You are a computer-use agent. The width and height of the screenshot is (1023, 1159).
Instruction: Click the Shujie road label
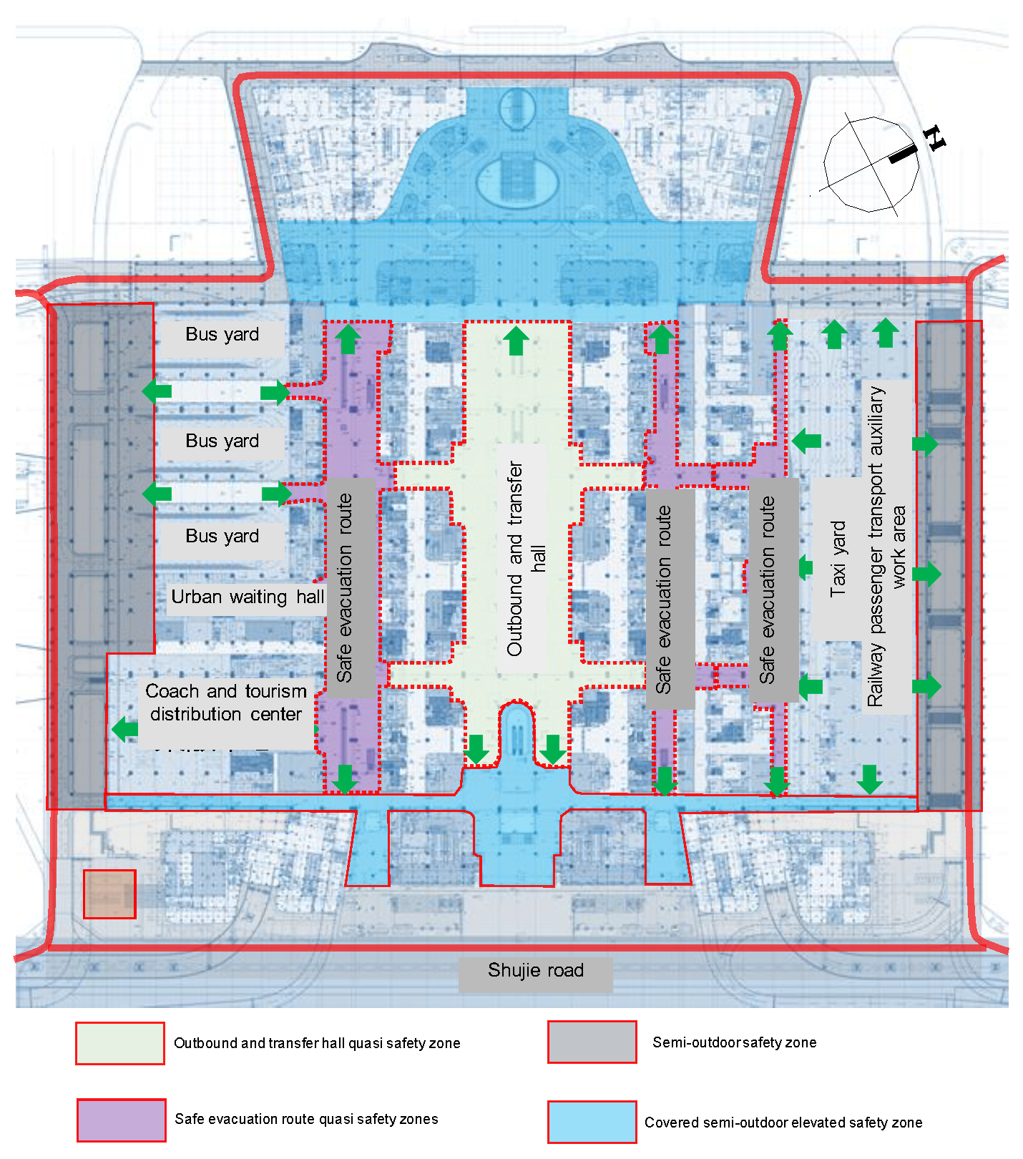[535, 971]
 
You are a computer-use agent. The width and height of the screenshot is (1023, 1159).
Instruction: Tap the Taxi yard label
[838, 559]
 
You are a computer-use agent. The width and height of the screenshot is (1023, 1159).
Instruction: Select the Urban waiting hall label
[248, 597]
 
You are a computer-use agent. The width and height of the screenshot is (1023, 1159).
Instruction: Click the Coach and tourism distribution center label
[226, 703]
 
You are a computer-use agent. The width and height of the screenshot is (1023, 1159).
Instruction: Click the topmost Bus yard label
[222, 334]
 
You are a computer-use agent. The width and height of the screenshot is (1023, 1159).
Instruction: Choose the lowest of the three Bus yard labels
[222, 536]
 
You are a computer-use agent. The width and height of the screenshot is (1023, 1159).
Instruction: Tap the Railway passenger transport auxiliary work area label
[887, 547]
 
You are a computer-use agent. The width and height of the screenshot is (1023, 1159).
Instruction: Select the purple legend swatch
[122, 1120]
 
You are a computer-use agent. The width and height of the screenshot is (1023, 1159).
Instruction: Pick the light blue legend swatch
[592, 1122]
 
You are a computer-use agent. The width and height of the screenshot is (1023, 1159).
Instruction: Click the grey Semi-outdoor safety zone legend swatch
[592, 1042]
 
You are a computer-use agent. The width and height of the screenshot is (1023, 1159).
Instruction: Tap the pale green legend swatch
[120, 1043]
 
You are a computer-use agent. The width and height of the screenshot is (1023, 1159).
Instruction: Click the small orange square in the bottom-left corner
[109, 894]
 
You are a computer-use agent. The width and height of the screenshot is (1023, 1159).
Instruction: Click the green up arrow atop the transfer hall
[516, 341]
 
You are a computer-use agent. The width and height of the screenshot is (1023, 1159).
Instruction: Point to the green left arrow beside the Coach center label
[125, 729]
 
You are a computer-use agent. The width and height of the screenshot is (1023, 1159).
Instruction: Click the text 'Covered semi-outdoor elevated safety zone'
[783, 1123]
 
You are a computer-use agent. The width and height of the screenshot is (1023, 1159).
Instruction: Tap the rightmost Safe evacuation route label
[768, 590]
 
